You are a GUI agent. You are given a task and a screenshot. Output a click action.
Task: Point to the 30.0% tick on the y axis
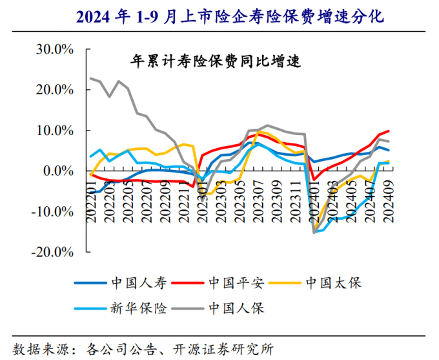coord(56,49)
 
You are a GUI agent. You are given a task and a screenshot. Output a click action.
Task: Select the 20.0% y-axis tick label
coord(56,90)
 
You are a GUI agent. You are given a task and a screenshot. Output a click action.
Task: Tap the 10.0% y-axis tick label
coord(56,131)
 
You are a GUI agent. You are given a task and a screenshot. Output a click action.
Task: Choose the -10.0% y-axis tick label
coord(54,211)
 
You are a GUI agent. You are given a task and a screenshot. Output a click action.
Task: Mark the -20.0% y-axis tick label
coord(54,252)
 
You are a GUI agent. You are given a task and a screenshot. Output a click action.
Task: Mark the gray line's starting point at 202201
coord(90,79)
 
